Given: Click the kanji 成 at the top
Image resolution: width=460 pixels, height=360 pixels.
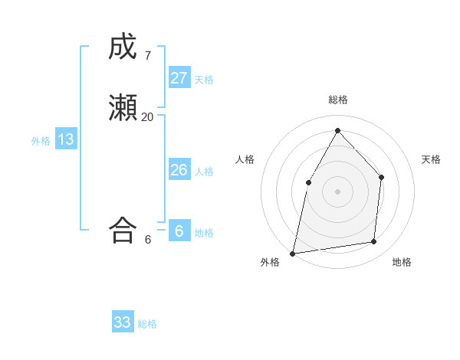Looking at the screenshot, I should [x=123, y=47].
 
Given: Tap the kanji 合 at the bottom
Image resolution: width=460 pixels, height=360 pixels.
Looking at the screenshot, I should [x=123, y=231].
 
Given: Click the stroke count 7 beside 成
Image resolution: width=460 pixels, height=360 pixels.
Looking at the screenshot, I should [x=147, y=56].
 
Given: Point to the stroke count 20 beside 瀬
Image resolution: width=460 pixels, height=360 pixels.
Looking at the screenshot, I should [x=147, y=117].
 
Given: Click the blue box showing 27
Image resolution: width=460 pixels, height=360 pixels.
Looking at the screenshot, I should [x=179, y=77].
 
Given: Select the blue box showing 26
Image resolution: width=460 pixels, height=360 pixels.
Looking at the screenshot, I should [x=179, y=170].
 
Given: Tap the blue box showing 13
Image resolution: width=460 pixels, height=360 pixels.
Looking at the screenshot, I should [x=66, y=139].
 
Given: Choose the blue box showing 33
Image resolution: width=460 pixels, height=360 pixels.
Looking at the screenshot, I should [x=123, y=322].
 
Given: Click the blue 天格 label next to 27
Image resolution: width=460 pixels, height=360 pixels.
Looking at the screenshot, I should [x=204, y=79].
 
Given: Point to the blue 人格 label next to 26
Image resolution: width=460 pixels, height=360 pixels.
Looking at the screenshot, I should [x=204, y=172].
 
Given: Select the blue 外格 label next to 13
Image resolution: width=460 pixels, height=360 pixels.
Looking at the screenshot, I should [x=41, y=141].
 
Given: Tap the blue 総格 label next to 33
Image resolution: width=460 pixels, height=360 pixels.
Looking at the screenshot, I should [x=147, y=324].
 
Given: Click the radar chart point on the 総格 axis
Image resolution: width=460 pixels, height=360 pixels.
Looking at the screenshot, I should [x=337, y=129].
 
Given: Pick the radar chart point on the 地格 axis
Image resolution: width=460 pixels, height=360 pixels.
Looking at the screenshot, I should [x=374, y=241].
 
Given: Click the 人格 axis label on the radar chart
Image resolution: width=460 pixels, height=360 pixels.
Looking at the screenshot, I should [x=245, y=159].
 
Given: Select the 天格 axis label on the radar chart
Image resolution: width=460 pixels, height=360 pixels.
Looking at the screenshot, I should [x=431, y=159].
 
